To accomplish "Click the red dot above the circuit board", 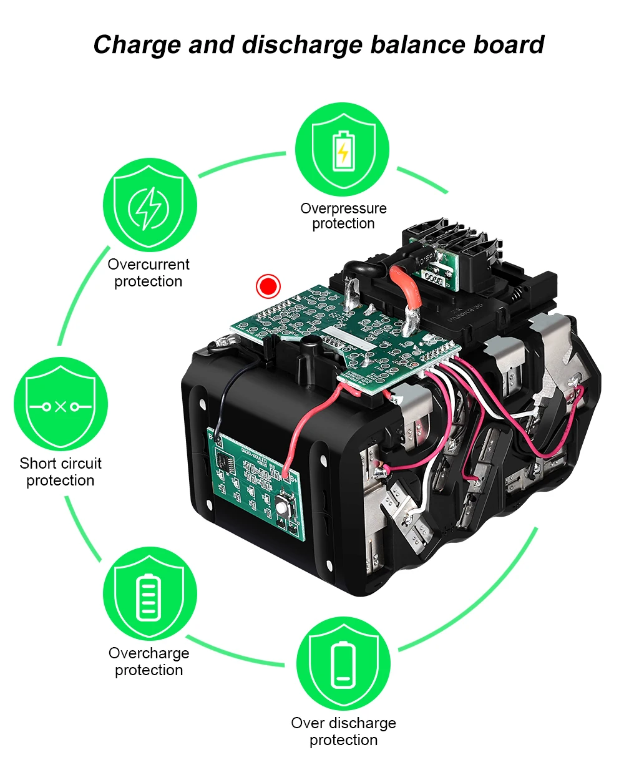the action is tap(268, 286).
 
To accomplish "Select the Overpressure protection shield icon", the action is tap(343, 150).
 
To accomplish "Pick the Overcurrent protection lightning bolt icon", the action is tap(149, 205).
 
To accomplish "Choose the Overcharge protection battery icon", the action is tap(149, 595).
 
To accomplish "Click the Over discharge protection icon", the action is tap(343, 664).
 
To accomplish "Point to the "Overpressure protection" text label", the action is tap(343, 216).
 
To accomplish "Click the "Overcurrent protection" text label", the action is tap(149, 273).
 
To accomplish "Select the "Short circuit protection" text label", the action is tap(61, 472).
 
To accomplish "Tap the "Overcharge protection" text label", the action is tap(149, 661).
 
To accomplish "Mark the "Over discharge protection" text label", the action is tap(343, 731).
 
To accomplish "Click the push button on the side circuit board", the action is tap(285, 507).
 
